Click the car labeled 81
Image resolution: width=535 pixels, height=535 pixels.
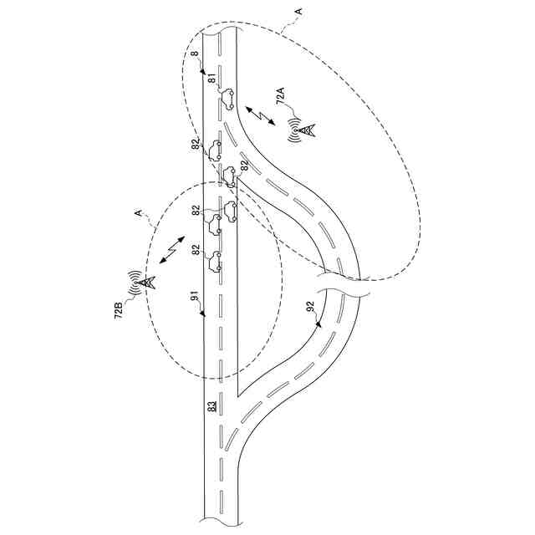click(x=227, y=100)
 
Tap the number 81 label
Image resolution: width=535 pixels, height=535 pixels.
click(x=212, y=81)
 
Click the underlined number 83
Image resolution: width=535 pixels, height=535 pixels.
click(x=212, y=406)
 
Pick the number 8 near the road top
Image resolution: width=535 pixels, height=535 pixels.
click(x=194, y=56)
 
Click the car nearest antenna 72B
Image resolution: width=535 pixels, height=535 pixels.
click(x=217, y=261)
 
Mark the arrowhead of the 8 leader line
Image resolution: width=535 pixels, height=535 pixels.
click(x=203, y=74)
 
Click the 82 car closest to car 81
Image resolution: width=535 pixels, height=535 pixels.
click(x=217, y=151)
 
